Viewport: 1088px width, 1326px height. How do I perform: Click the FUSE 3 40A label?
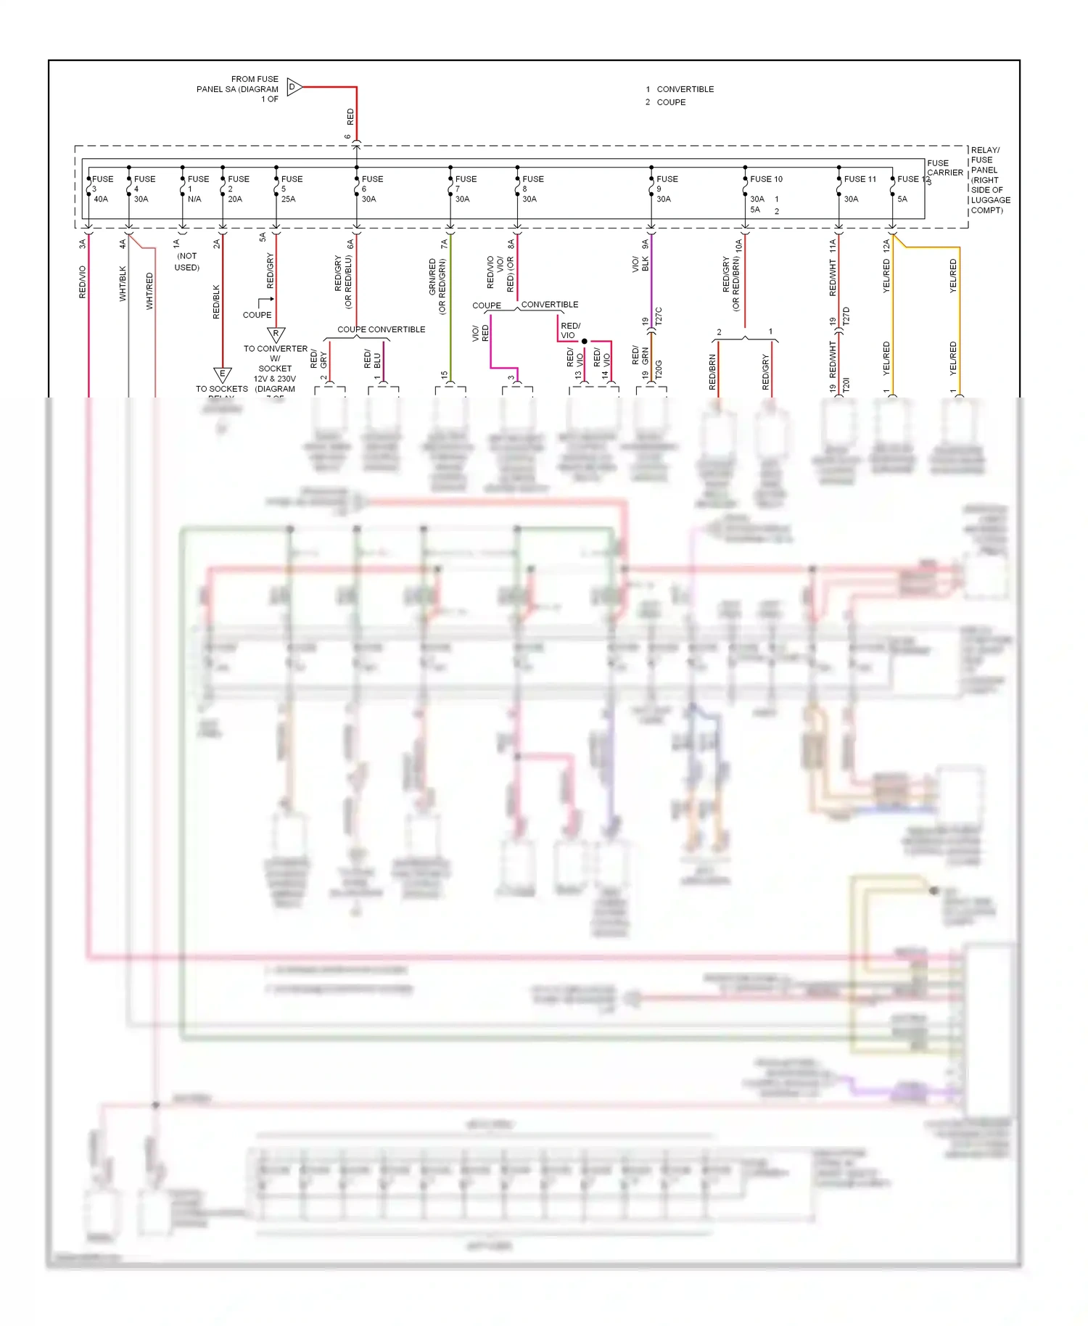(101, 189)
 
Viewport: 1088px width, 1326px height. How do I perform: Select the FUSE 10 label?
(766, 179)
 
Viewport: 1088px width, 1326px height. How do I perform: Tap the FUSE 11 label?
(860, 179)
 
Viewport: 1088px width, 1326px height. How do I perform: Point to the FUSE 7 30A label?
(463, 189)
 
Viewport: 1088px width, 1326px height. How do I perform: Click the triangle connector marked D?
(293, 87)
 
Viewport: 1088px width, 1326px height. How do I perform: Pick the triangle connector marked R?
(276, 334)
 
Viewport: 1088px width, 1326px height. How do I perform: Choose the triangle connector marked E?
(222, 374)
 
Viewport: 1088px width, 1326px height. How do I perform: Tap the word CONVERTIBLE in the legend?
(685, 89)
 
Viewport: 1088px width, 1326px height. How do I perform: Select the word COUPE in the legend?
(671, 102)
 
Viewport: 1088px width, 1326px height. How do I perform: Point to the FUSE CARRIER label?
(944, 168)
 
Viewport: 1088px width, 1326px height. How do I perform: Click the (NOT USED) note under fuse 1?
(186, 262)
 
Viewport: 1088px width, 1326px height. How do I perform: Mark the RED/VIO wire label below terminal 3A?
(83, 282)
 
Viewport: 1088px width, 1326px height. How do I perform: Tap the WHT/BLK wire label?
(123, 284)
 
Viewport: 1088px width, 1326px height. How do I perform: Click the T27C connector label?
(659, 316)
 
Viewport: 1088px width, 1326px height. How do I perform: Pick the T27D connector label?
(846, 316)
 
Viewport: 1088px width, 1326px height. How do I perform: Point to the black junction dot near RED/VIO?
(584, 341)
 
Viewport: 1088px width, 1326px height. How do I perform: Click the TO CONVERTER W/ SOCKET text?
(275, 358)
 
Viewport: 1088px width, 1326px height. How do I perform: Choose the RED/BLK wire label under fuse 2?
(216, 302)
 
